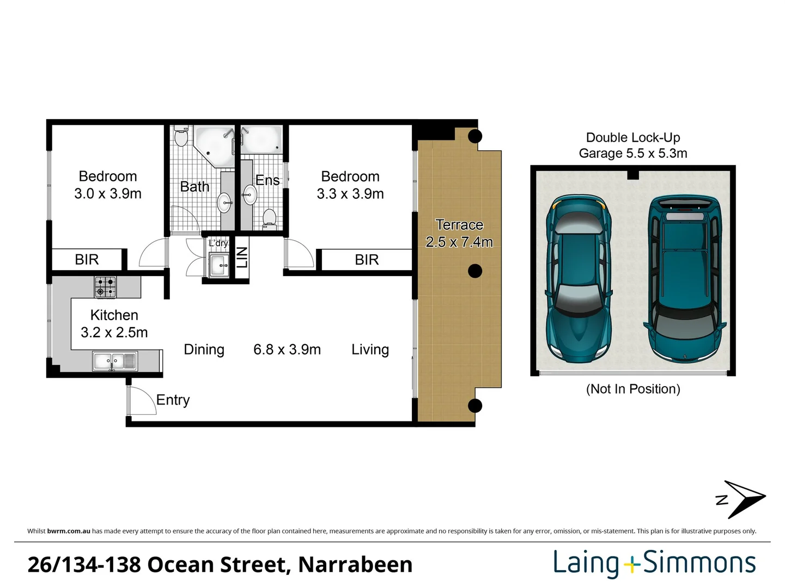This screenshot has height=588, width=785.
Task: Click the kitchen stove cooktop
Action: pyautogui.click(x=105, y=286)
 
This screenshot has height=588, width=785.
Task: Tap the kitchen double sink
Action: pyautogui.click(x=114, y=361)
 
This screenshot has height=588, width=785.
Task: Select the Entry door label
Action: pyautogui.click(x=173, y=400)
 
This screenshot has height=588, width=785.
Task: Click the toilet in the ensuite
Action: pyautogui.click(x=269, y=218)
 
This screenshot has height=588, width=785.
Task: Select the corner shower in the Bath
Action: pyautogui.click(x=214, y=144)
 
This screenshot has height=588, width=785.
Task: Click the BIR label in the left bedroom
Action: pyautogui.click(x=87, y=260)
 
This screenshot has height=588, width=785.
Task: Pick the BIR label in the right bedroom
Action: pyautogui.click(x=367, y=260)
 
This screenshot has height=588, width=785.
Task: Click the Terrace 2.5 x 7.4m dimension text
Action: pyautogui.click(x=459, y=242)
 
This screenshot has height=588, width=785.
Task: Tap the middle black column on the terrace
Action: pyautogui.click(x=475, y=271)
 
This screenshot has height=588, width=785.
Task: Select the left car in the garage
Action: pyautogui.click(x=578, y=278)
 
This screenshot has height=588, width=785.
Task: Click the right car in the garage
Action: pyautogui.click(x=685, y=278)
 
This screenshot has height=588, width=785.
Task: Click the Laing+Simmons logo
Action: pyautogui.click(x=654, y=563)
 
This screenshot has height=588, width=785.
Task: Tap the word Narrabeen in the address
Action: pyautogui.click(x=355, y=565)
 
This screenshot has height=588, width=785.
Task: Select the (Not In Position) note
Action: pyautogui.click(x=632, y=389)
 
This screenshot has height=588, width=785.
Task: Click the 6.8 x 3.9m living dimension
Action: pyautogui.click(x=287, y=350)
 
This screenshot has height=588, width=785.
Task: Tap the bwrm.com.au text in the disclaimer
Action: pyautogui.click(x=69, y=531)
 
